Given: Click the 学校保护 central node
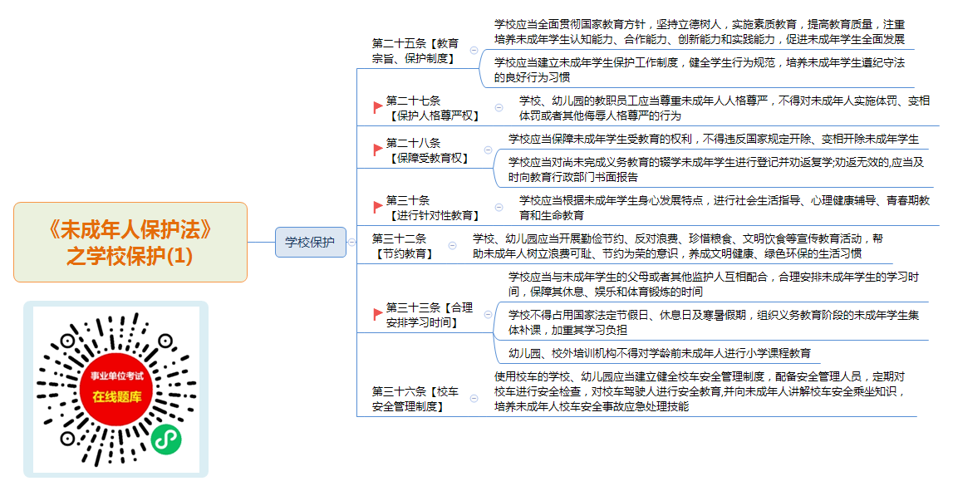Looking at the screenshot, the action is click(311, 242).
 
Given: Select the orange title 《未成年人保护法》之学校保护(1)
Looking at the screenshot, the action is click(130, 243).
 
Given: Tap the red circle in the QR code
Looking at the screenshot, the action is click(116, 388).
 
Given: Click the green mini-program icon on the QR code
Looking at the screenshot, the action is click(166, 439).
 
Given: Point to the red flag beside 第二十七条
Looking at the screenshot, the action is click(378, 107).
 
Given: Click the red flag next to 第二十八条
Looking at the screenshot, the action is click(378, 150).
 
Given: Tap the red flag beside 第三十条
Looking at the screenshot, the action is click(378, 207).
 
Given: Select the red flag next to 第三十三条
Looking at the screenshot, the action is click(378, 315).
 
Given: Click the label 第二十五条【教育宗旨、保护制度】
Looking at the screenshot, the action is click(415, 51).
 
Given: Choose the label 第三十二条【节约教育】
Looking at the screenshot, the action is click(404, 246).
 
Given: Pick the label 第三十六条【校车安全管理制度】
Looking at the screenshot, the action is click(415, 399).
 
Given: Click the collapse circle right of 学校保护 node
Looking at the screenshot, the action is click(352, 242).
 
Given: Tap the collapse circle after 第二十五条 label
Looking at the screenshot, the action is click(474, 51).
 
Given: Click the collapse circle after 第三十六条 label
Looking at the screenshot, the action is click(474, 399).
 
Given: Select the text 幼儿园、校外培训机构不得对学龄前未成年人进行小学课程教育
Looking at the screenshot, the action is click(660, 353).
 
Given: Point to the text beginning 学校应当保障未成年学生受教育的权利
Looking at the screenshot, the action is click(714, 139).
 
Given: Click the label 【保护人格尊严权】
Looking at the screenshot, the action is click(434, 115).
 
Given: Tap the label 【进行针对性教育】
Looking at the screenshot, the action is click(434, 215).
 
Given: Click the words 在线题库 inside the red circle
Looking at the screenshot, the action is click(116, 397).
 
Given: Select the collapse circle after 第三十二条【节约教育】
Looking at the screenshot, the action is click(452, 246).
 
